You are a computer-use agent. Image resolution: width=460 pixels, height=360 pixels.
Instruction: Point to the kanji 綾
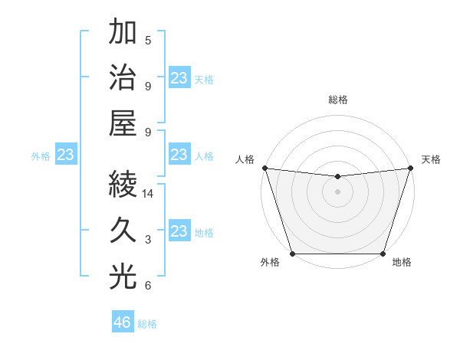[123, 185]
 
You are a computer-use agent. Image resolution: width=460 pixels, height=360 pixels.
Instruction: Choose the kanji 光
[123, 277]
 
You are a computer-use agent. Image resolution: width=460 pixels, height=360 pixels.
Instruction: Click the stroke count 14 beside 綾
[148, 195]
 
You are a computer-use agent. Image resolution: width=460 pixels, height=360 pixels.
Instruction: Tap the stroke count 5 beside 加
[148, 41]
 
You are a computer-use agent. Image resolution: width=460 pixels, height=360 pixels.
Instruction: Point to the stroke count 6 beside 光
[148, 286]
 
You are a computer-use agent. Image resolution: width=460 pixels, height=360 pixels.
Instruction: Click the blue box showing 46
[123, 322]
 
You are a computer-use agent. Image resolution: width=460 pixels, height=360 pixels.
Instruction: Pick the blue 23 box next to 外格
[66, 155]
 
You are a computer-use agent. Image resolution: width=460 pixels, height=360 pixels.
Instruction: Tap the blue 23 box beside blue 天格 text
[179, 78]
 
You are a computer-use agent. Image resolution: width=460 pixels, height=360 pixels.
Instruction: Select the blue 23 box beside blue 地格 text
[179, 231]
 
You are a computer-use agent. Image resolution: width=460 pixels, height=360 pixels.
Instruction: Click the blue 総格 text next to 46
[147, 324]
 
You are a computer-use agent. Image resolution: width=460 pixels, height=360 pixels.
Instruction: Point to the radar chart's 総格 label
[337, 100]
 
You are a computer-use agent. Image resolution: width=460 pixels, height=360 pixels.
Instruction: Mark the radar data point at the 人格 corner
[264, 168]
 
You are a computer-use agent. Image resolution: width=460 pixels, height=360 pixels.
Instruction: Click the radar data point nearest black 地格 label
[383, 254]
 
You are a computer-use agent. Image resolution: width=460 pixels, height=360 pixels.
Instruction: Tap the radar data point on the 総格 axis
[337, 177]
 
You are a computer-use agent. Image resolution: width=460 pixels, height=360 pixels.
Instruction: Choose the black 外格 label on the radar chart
[270, 263]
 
